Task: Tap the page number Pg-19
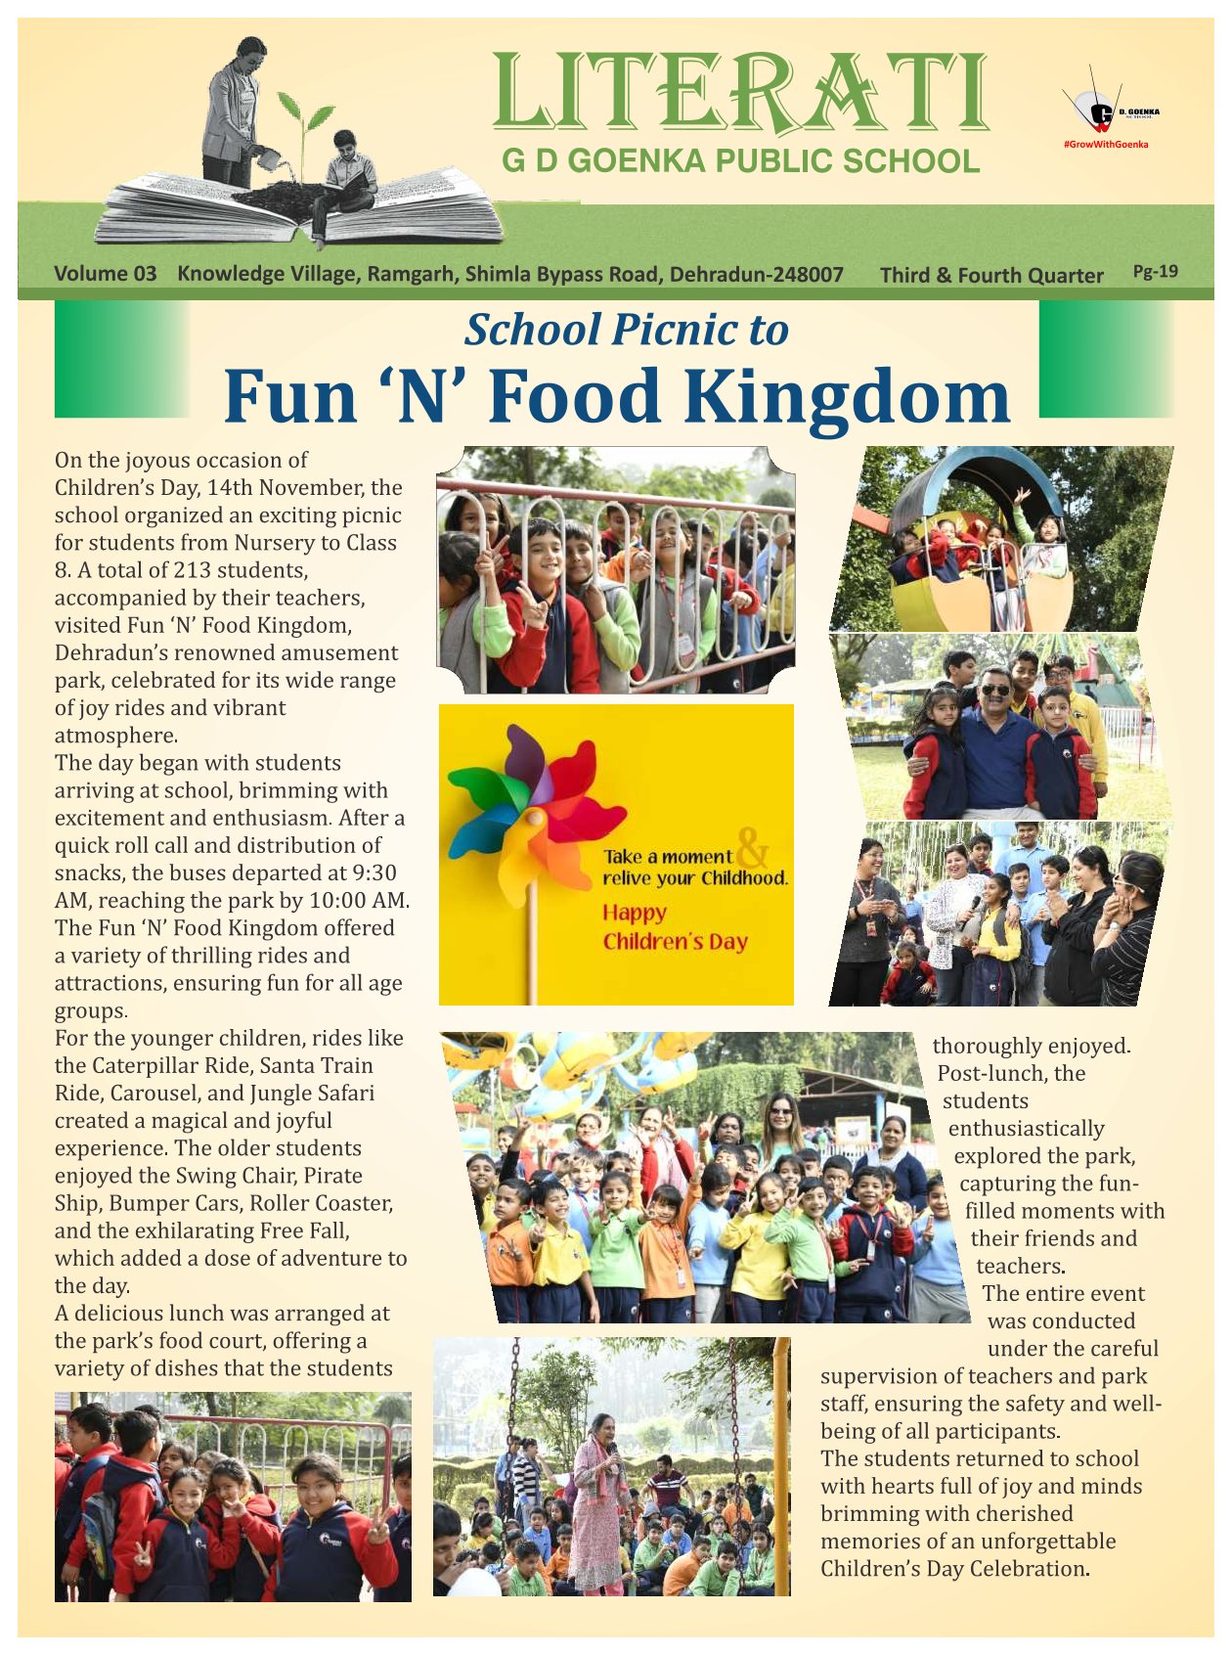coord(1155,271)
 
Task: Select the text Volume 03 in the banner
coord(105,274)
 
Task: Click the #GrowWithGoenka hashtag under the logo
coord(1105,145)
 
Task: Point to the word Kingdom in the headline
coord(846,397)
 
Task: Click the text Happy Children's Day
coord(675,927)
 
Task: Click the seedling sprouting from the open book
coord(304,127)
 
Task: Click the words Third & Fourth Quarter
coord(990,275)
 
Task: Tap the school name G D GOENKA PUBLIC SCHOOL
coord(740,161)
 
